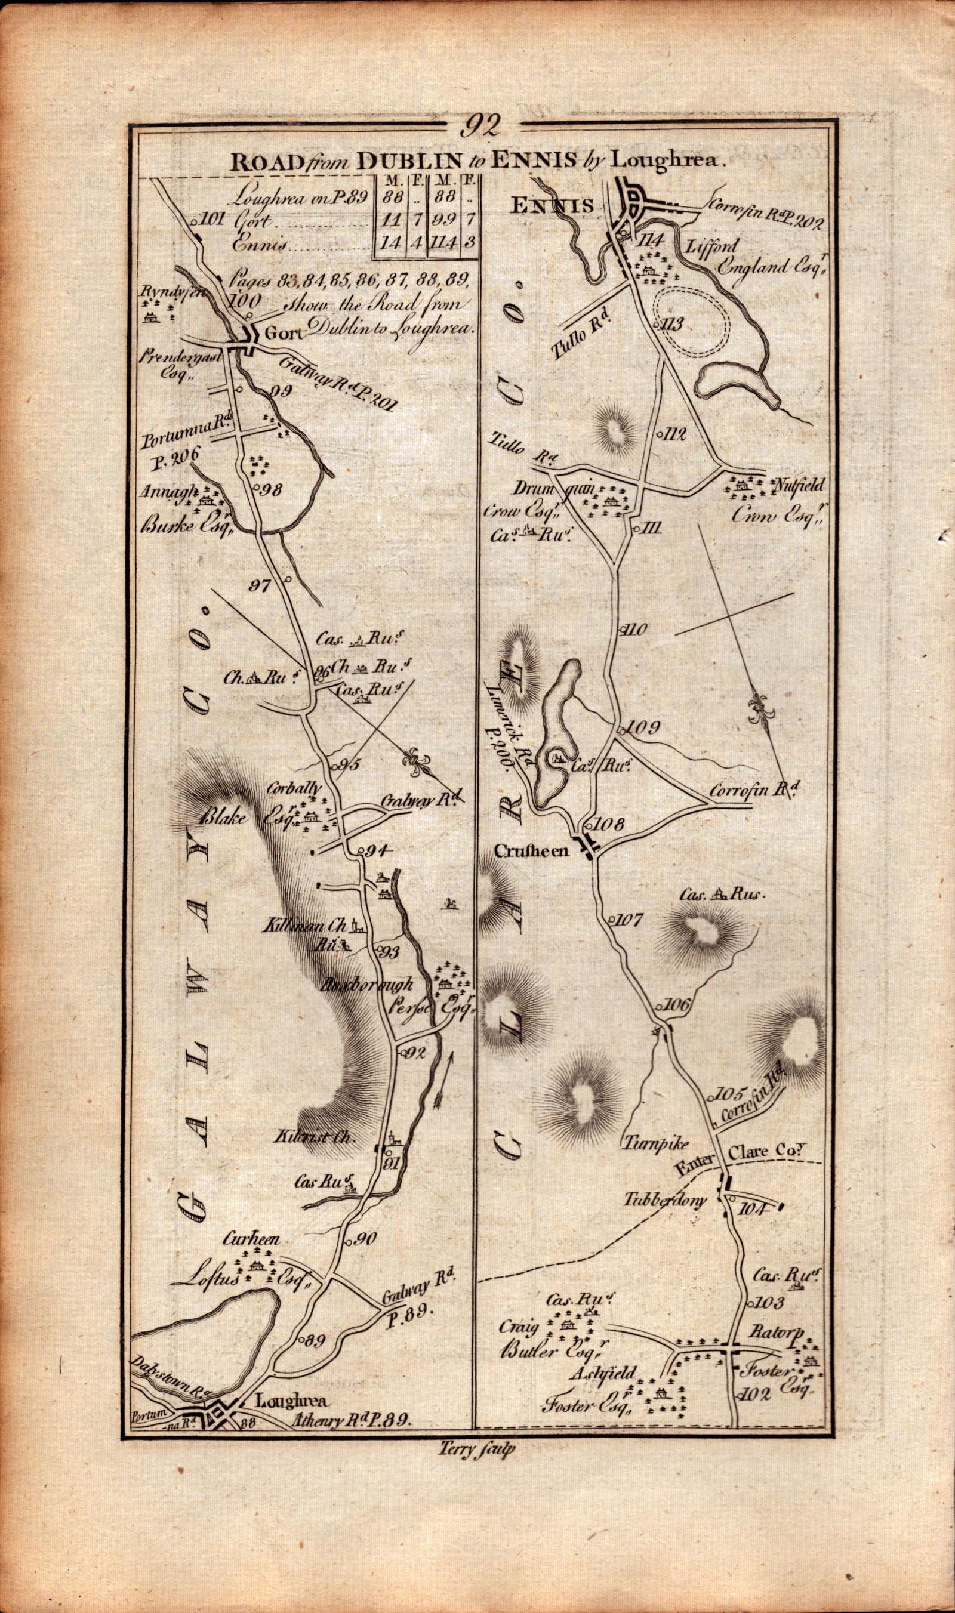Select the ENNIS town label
[x=551, y=206]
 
